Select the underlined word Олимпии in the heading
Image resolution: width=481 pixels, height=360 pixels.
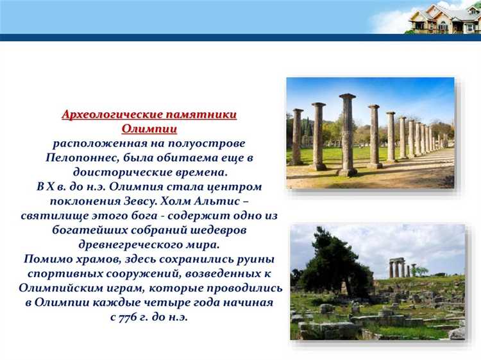pyautogui.click(x=149, y=129)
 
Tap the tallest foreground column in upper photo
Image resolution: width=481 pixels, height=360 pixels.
pyautogui.click(x=347, y=135)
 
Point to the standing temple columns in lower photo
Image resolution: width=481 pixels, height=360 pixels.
pyautogui.click(x=398, y=268)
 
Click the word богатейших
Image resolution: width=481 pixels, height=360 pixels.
pyautogui.click(x=81, y=228)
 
